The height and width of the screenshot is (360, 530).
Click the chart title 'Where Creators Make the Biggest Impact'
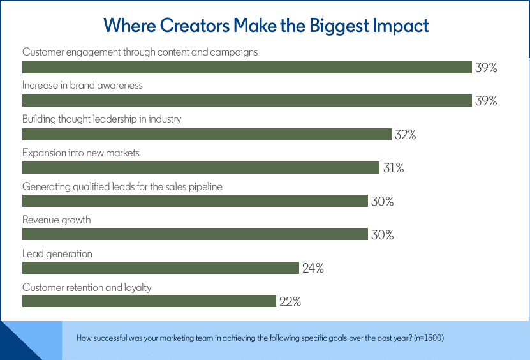click(x=266, y=26)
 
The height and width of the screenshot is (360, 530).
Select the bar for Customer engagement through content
click(x=247, y=68)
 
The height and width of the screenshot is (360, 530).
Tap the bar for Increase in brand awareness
click(x=247, y=101)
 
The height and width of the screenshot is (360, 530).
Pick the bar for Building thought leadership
click(x=207, y=135)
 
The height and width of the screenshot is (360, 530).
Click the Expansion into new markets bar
click(x=201, y=168)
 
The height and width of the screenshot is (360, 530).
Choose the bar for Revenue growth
click(x=195, y=234)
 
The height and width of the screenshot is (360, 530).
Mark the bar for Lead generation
click(x=161, y=268)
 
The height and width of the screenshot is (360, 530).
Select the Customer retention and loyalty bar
click(x=149, y=301)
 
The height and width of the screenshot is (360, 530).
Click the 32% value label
click(x=405, y=135)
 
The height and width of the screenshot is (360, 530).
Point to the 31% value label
click(x=393, y=169)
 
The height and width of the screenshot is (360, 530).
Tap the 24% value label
click(x=313, y=269)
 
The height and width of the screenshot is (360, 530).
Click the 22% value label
click(x=290, y=302)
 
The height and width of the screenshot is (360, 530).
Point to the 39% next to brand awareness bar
click(x=486, y=101)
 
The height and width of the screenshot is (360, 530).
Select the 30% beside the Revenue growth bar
click(x=383, y=235)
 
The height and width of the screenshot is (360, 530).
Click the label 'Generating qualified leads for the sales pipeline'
click(x=122, y=186)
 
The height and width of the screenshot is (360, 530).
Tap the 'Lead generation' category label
click(x=57, y=253)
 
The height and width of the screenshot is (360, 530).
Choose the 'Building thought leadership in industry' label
click(x=101, y=119)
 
